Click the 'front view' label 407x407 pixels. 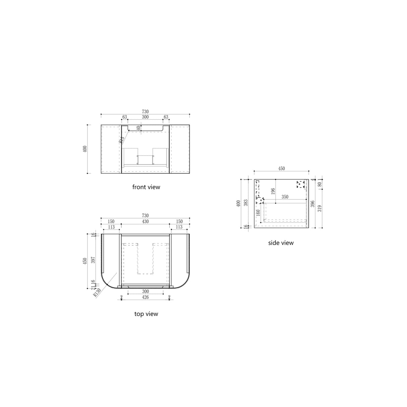pyautogui.click(x=146, y=187)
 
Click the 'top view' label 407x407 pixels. pyautogui.click(x=146, y=314)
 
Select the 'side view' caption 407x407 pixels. pyautogui.click(x=281, y=243)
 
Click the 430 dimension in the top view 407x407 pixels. pyautogui.click(x=145, y=222)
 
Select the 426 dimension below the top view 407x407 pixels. pyautogui.click(x=145, y=297)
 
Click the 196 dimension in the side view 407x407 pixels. pyautogui.click(x=273, y=191)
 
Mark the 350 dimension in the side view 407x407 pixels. pyautogui.click(x=285, y=197)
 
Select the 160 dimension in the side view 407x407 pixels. pyautogui.click(x=258, y=213)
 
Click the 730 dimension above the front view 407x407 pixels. pyautogui.click(x=145, y=112)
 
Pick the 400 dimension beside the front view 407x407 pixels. pyautogui.click(x=85, y=149)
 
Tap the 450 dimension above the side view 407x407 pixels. pyautogui.click(x=281, y=169)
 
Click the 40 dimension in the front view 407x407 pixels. pyautogui.click(x=138, y=128)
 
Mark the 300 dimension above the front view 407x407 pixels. pyautogui.click(x=145, y=117)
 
